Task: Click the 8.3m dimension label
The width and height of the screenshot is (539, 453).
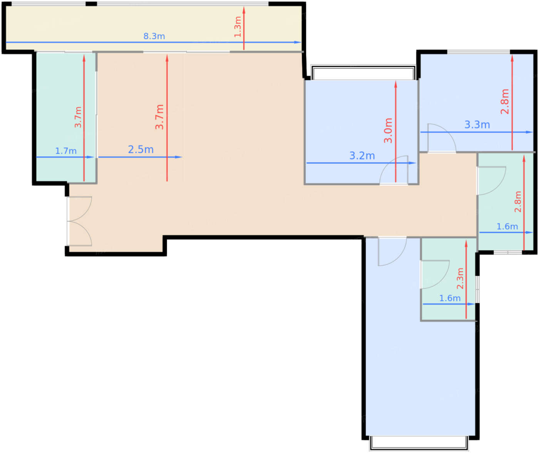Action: point(154,36)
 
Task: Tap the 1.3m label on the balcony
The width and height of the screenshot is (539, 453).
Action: point(238,27)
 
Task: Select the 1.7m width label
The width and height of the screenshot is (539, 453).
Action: point(66,151)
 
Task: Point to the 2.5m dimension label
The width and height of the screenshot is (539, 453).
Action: point(141,149)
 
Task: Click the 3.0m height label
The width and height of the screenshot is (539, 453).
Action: point(388,130)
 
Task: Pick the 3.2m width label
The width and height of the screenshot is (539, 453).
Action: point(362,155)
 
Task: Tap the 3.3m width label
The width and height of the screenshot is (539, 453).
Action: point(477,125)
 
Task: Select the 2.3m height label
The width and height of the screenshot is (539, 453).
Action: point(460,278)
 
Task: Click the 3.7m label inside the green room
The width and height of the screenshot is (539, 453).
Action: point(78,117)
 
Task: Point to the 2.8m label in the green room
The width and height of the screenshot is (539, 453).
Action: point(518,201)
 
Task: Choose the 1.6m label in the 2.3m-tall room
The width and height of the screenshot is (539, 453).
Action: point(450,298)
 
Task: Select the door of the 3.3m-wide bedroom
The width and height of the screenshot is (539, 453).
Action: point(441,138)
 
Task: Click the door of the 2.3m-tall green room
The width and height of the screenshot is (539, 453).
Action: point(435,274)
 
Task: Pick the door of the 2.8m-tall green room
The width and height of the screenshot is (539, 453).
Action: point(491,181)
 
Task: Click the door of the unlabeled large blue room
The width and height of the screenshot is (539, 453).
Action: point(392,251)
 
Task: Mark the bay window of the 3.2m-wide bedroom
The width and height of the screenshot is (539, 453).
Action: point(363,72)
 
